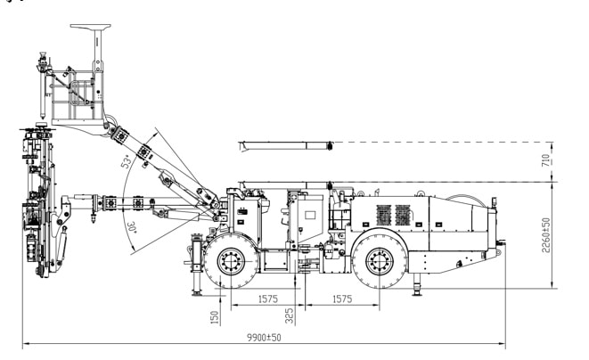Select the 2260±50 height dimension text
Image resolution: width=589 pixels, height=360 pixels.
546,234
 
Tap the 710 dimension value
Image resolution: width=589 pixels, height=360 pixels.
546,160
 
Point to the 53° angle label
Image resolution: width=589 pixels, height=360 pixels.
127,160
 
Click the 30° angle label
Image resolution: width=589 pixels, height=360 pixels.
132,227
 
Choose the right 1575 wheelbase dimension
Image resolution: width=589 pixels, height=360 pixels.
342,299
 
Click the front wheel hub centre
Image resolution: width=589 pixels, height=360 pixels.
231,261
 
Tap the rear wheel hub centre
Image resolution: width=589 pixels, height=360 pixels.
380,261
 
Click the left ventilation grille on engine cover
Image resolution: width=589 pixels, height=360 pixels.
384,215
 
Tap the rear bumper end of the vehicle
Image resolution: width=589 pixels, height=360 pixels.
500,246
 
